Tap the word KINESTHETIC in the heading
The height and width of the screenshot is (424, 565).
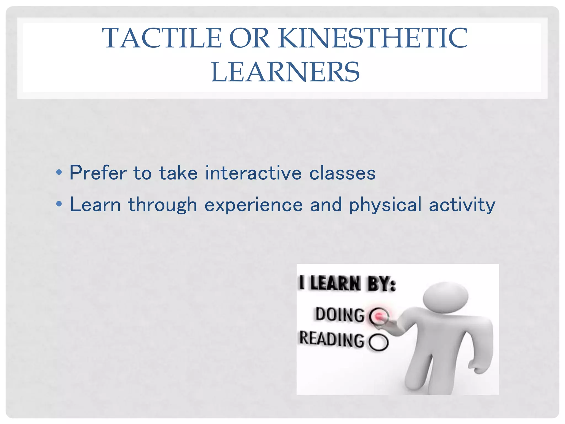[373, 38]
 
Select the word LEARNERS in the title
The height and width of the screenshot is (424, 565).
[285, 72]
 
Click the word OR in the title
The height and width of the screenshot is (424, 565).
[249, 38]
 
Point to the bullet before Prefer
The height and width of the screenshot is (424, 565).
[59, 173]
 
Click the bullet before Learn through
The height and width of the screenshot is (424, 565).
[59, 204]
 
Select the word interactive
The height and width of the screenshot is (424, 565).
[253, 173]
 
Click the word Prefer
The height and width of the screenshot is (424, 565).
[98, 173]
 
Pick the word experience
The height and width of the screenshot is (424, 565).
[253, 205]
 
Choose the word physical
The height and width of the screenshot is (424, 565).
[385, 205]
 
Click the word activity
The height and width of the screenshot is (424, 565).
[462, 205]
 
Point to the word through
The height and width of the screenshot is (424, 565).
[162, 205]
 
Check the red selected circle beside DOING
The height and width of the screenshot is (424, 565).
[379, 316]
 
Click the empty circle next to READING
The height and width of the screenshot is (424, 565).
[379, 342]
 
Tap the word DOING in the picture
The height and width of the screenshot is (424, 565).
[340, 314]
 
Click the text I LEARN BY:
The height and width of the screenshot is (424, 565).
[348, 283]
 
